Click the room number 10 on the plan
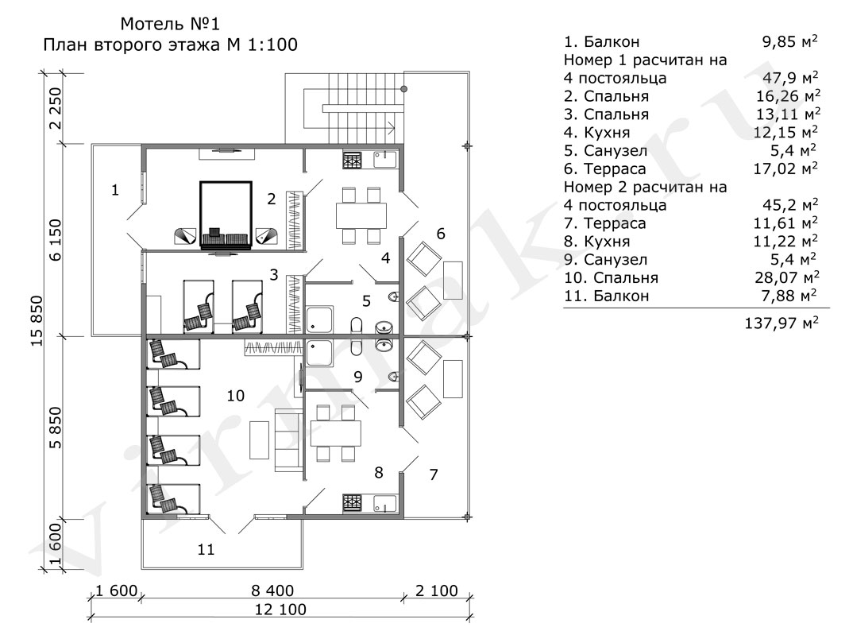236,396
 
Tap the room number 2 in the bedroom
272,199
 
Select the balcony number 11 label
206,550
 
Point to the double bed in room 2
226,215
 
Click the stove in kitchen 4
352,161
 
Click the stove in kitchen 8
352,503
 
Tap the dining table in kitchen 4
361,215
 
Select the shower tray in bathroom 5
320,319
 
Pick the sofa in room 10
288,440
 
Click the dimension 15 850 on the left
37,321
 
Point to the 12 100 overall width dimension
280,610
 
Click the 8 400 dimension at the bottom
273,590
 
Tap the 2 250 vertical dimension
56,108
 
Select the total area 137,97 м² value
781,323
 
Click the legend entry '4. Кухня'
596,133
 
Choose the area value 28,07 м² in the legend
787,277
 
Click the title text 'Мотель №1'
170,24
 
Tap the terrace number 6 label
441,234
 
